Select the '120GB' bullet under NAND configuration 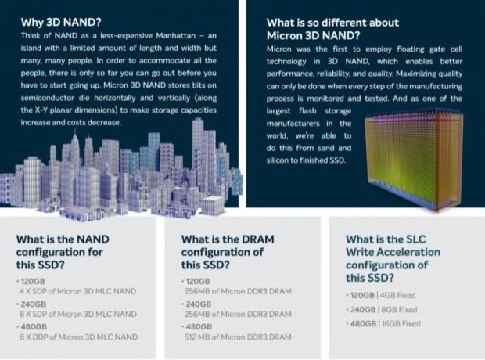pos(31,280)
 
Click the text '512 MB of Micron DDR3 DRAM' pos(237,337)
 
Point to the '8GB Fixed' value pos(400,309)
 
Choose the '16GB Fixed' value pos(401,323)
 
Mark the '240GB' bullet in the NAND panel pos(31,303)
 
